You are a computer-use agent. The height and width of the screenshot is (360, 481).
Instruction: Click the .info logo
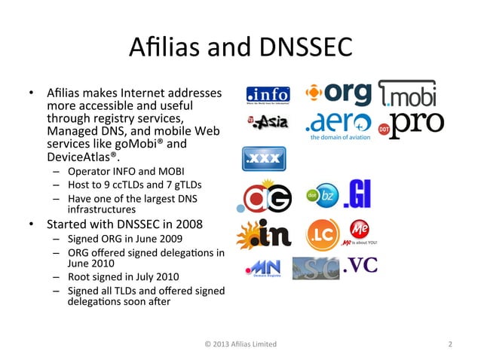[x=268, y=96]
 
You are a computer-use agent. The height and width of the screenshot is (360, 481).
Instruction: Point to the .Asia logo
[x=267, y=123]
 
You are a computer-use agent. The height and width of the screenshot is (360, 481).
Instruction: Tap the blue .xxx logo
[x=262, y=160]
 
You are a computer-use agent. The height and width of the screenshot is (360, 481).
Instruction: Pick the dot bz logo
[x=320, y=196]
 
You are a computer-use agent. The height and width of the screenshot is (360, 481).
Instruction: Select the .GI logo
[x=357, y=195]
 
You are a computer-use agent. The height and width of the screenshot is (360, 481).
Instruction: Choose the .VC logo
[x=360, y=265]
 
